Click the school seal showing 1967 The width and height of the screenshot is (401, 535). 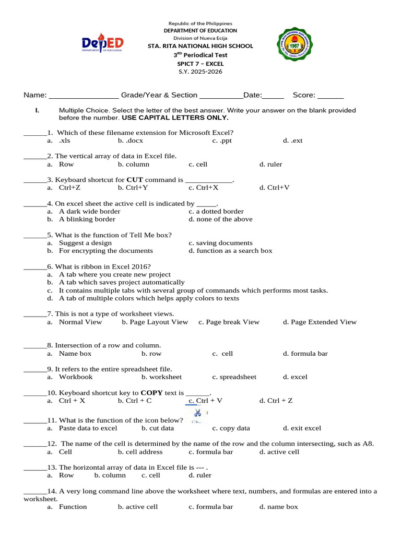(296, 46)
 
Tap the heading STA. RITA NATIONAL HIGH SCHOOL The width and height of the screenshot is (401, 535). (200, 46)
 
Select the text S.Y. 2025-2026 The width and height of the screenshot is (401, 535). (200, 72)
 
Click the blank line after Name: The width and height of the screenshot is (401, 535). (84, 96)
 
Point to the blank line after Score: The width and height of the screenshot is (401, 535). (331, 96)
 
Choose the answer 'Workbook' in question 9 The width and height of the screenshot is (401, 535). (76, 377)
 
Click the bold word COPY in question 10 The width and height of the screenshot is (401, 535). (151, 392)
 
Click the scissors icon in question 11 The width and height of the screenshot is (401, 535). (197, 413)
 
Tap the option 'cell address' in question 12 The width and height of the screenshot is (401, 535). (140, 452)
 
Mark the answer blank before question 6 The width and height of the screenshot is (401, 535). (35, 266)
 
